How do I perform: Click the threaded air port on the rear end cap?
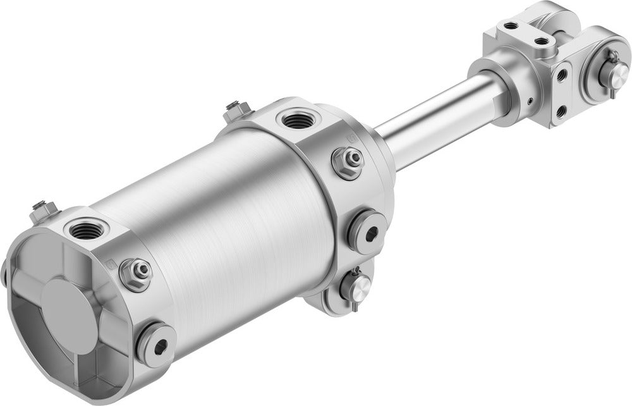tap(83, 231)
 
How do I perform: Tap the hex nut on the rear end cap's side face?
tap(136, 273)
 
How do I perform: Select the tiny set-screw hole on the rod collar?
tap(528, 101)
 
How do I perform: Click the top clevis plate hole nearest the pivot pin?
tap(542, 41)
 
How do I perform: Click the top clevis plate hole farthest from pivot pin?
tap(509, 26)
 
